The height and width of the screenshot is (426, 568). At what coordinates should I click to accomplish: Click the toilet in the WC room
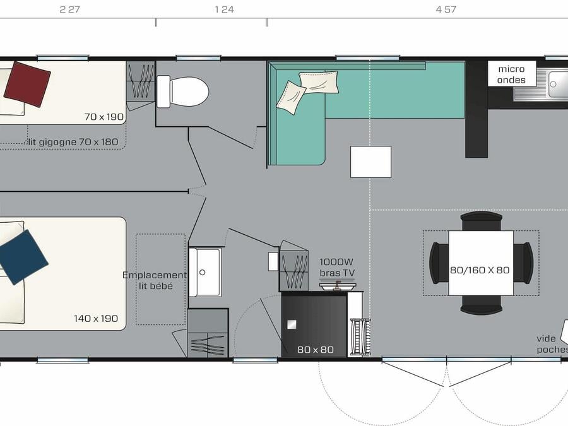(183, 92)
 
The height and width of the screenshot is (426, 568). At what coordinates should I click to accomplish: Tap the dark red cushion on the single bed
(27, 84)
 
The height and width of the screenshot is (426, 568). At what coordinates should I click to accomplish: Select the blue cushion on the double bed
(23, 257)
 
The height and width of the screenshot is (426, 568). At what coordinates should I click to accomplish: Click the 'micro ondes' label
(511, 74)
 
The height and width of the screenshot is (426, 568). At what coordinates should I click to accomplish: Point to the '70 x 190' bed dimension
(104, 117)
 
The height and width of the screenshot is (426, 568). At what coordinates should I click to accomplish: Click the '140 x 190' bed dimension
(96, 319)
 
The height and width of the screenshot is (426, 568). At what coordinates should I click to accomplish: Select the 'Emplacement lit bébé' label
(155, 280)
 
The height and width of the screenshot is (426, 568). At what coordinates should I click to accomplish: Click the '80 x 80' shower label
(315, 350)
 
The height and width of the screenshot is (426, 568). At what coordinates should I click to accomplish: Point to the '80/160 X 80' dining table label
(480, 270)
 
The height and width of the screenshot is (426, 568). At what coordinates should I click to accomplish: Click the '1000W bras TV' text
(337, 268)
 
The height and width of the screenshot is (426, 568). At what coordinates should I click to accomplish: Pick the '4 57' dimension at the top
(446, 9)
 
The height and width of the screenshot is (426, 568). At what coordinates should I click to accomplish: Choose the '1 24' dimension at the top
(224, 9)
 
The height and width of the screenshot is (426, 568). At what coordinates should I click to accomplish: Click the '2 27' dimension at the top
(69, 9)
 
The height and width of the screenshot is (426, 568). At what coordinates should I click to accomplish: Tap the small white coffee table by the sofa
(370, 162)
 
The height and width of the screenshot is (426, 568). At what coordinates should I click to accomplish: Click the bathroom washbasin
(205, 272)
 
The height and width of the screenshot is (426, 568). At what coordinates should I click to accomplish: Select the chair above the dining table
(482, 221)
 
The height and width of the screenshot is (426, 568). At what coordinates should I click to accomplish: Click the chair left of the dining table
(439, 263)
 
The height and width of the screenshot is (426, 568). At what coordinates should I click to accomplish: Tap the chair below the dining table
(482, 305)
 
